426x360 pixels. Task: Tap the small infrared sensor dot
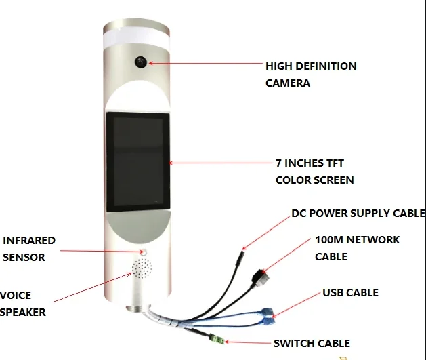[143, 252]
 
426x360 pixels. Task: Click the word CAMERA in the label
[288, 83]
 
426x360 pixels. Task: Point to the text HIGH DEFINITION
[311, 66]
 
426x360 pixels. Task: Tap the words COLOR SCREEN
[314, 180]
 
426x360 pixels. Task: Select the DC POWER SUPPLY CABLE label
[358, 214]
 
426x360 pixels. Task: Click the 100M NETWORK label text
[357, 240]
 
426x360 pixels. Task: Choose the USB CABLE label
[349, 293]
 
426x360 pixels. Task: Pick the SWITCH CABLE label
[312, 344]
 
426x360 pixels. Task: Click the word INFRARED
[29, 241]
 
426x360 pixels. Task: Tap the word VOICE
[16, 296]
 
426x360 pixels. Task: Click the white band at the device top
[138, 39]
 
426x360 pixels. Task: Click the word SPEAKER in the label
[23, 313]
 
